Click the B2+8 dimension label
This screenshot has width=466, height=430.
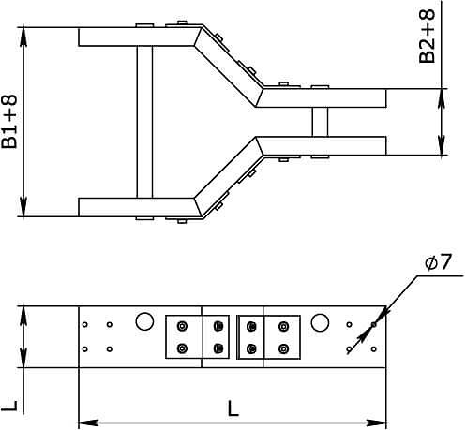[427, 37]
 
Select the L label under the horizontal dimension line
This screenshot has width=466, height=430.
[233, 408]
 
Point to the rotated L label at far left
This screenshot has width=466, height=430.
[8, 406]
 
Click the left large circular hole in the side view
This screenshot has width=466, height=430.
[143, 322]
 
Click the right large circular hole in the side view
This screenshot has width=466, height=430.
[320, 323]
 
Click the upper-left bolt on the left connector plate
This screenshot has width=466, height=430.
[182, 326]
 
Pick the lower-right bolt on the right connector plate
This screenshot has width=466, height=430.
[282, 349]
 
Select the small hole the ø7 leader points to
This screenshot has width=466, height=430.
[372, 325]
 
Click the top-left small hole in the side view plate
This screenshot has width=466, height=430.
[85, 325]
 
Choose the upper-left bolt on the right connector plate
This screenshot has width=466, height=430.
[251, 326]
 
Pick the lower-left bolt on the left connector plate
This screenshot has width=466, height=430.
[182, 349]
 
